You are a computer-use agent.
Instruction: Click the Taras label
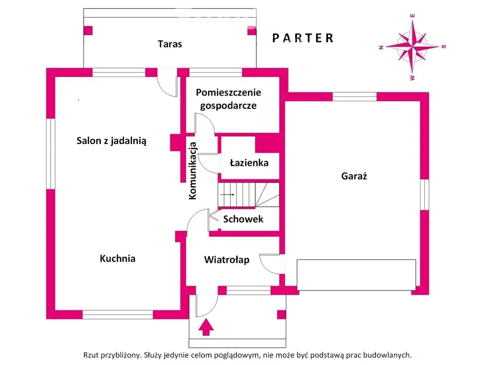pos(170,44)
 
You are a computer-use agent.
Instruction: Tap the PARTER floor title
pos(303,38)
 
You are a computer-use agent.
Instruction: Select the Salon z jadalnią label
pos(112,141)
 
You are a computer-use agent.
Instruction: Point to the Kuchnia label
pos(118,259)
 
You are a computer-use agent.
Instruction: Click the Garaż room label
pos(355,176)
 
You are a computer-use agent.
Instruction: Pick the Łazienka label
pos(249,163)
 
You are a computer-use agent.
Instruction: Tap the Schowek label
pos(243,220)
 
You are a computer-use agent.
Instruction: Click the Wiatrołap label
pos(226,260)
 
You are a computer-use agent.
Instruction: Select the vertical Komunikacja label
pos(193,171)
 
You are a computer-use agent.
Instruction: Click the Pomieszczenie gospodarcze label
pos(228,99)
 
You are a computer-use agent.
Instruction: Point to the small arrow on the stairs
pos(228,195)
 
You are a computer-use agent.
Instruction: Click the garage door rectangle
pos(356,275)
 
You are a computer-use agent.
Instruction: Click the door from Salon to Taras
pos(167,82)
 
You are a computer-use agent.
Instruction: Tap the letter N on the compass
pos(381,47)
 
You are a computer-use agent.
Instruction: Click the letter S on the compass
pos(444,47)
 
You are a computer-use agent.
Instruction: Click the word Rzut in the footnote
pos(92,355)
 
